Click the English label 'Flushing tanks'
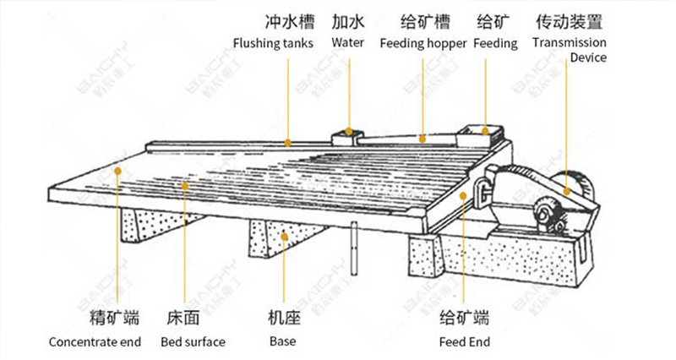273,43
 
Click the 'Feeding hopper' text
422,43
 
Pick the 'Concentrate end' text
94,342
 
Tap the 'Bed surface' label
193,342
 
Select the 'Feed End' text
465,342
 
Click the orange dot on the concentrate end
118,171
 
